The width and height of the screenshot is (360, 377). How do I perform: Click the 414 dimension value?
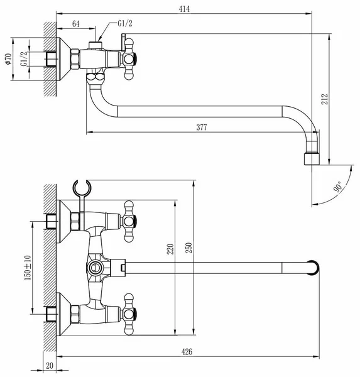coord(184,9)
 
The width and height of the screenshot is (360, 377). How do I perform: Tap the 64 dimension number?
coord(76,24)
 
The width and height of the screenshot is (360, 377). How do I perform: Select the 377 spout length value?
coord(202,127)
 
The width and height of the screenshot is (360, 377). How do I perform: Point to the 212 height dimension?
coord(325,99)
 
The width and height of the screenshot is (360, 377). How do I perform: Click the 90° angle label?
coord(338,187)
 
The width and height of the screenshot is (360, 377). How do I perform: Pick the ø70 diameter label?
coord(8,59)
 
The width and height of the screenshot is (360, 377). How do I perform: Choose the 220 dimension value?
coord(170,249)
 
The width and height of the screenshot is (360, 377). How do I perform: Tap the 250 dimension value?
coord(189,248)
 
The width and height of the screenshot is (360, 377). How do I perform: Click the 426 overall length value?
coord(187,352)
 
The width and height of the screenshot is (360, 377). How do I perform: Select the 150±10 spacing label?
coord(28,268)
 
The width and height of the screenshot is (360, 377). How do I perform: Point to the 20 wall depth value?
coord(50,366)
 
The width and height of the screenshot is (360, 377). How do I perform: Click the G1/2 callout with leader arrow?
coord(125,24)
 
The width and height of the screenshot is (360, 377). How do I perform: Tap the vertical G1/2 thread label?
coord(24,59)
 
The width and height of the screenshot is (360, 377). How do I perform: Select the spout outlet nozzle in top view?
coord(312,159)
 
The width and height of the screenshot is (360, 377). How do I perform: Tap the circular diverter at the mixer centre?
coord(94,268)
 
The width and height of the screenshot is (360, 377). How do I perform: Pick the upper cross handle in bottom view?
coord(129,221)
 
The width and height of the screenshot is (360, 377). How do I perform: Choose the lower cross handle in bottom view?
coord(129,314)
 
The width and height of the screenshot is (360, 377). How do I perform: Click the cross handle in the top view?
coord(129,58)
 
